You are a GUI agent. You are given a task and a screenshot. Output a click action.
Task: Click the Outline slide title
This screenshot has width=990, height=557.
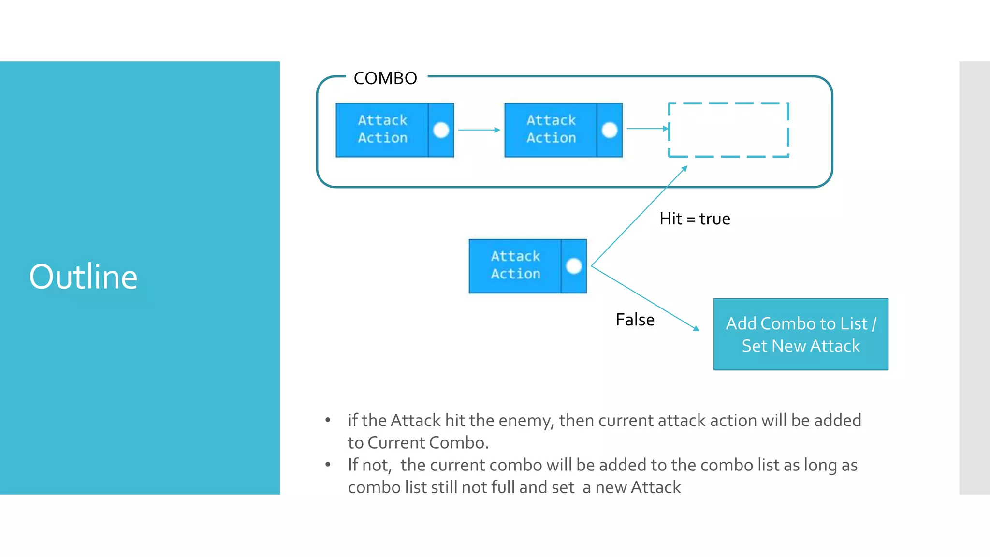tap(83, 277)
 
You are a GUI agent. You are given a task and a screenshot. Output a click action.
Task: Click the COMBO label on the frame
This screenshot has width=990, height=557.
tap(385, 78)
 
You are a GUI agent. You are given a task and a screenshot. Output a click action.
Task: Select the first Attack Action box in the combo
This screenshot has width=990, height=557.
tap(382, 130)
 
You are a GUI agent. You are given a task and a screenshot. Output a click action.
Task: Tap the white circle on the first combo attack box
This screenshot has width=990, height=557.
tap(441, 130)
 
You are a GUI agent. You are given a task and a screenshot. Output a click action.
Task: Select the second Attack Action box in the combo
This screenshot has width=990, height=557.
tap(551, 130)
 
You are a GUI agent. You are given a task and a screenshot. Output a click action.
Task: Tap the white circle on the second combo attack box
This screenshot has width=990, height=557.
tap(610, 130)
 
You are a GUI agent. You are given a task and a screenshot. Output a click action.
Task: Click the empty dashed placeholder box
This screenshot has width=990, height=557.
tap(728, 130)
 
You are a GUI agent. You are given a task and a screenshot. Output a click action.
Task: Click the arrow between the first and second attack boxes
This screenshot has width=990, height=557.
tap(479, 130)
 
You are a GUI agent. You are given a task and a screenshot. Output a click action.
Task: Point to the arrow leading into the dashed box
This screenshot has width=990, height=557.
tap(647, 129)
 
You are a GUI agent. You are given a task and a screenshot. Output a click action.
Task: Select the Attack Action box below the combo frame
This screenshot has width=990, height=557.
tap(515, 265)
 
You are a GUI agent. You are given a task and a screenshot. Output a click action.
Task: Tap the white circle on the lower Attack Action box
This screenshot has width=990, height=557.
tap(574, 266)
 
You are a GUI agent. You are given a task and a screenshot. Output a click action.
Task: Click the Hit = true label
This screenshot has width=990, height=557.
tap(695, 219)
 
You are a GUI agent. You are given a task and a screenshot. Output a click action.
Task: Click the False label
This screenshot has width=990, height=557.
tap(635, 320)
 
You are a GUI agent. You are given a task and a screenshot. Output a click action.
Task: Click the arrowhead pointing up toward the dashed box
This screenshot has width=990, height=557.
tap(684, 168)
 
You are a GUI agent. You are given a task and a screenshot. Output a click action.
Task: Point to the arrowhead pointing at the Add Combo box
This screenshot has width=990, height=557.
tap(696, 329)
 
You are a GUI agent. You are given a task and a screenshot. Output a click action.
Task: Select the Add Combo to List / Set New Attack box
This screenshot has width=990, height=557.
tap(801, 335)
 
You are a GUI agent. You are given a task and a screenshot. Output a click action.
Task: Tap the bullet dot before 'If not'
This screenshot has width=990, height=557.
tap(328, 465)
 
